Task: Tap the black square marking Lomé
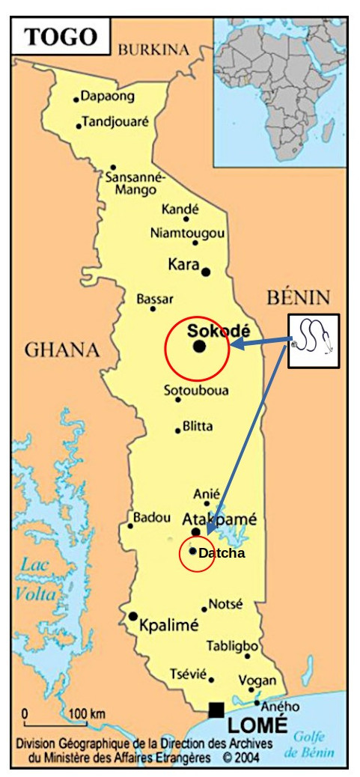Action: [216, 709]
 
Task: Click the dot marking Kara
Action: [206, 271]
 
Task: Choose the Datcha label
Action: [221, 552]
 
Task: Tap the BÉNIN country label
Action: [298, 297]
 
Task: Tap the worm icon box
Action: [314, 341]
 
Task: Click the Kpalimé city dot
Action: [133, 616]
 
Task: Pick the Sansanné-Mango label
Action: [135, 184]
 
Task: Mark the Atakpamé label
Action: [219, 519]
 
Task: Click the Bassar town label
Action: [155, 299]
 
